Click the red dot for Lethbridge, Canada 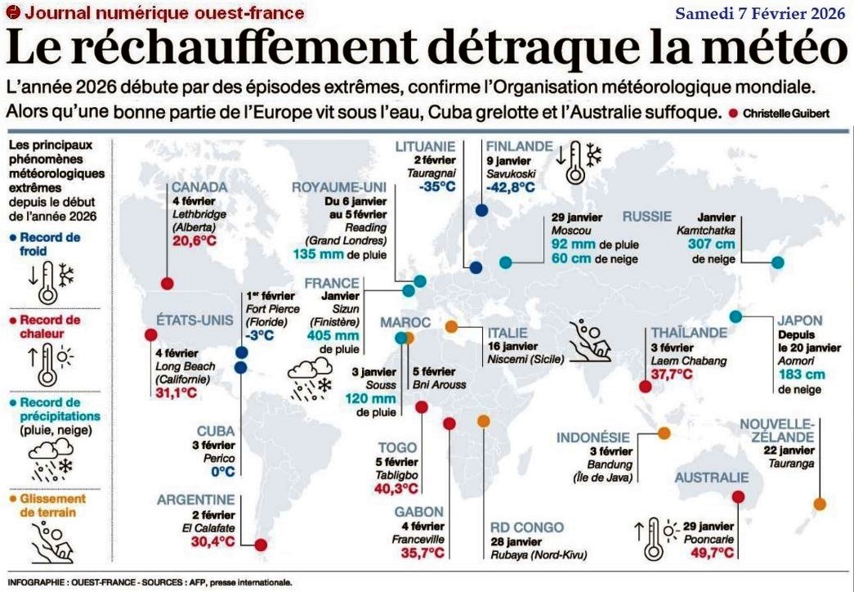[167, 283]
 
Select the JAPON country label [801, 321]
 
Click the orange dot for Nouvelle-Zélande [819, 504]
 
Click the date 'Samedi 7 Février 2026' [759, 13]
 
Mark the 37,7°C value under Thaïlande [672, 374]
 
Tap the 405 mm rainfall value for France [333, 335]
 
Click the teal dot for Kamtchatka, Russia [778, 262]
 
